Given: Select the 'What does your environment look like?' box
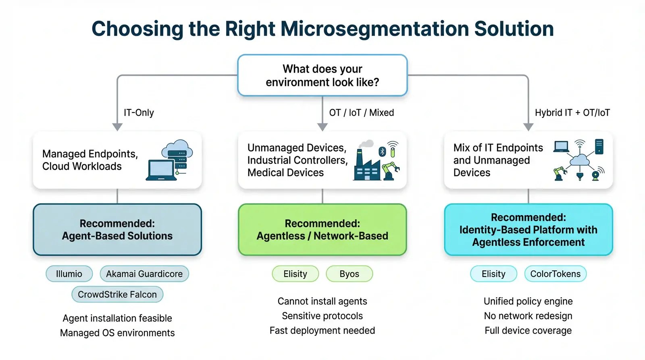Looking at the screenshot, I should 322,75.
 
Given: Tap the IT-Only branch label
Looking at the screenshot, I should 139,112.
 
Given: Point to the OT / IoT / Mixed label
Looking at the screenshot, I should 361,112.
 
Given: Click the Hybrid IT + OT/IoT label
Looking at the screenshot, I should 572,112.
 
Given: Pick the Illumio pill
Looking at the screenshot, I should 69,274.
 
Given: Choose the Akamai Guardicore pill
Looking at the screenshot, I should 144,274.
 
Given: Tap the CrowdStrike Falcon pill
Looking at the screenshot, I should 117,294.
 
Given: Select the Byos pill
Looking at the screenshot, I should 349,274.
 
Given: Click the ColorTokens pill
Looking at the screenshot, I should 555,274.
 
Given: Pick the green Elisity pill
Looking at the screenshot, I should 295,274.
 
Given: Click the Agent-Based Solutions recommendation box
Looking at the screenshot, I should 117,229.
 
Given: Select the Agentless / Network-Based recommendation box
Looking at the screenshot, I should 322,229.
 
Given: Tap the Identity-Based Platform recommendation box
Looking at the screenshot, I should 528,229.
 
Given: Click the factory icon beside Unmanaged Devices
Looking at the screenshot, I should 366,165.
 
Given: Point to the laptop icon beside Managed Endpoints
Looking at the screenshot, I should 161,170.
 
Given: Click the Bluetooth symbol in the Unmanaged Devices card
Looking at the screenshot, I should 382,152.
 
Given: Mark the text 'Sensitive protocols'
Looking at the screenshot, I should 322,316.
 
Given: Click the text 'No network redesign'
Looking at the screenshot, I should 528,316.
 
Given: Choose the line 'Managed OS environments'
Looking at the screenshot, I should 117,333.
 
